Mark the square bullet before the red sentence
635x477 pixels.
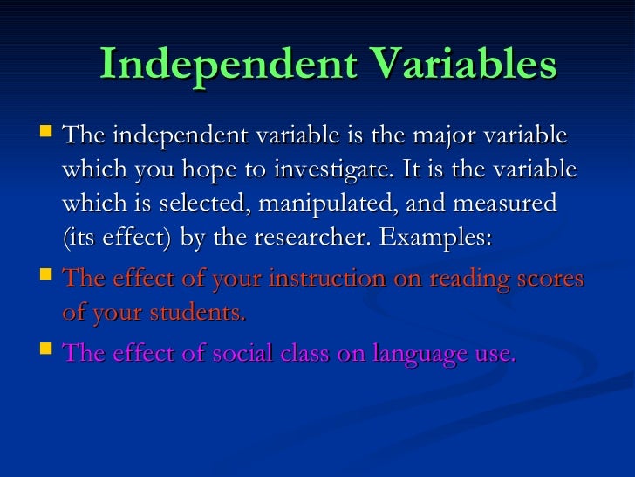pyautogui.click(x=46, y=278)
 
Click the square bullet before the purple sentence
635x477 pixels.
pyautogui.click(x=46, y=352)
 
